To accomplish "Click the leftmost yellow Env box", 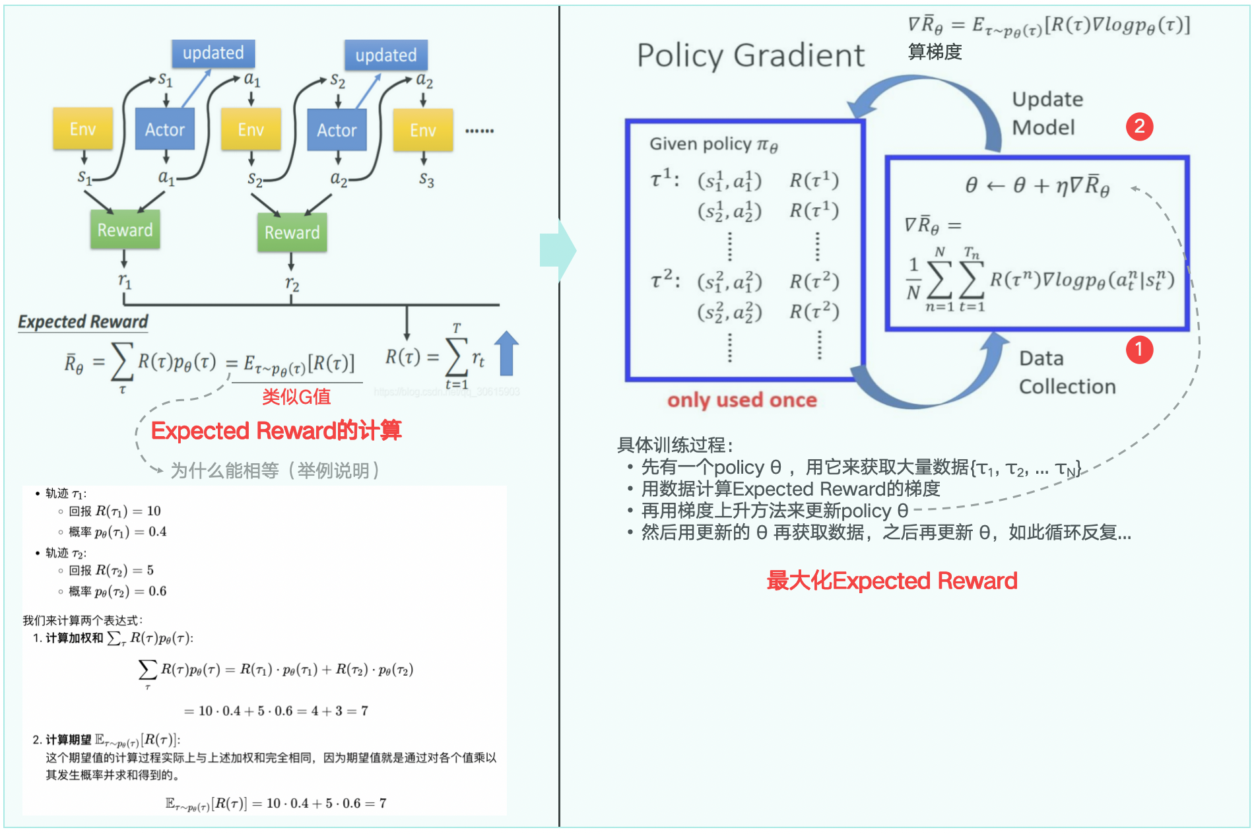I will click(x=82, y=129).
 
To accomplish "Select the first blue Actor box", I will click(x=165, y=129).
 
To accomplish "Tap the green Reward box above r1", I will click(x=125, y=230).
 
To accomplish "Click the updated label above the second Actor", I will click(x=386, y=55).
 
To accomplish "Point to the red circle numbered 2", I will click(x=1139, y=126).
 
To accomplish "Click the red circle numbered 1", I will click(x=1139, y=350).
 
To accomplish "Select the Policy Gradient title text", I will click(x=750, y=55).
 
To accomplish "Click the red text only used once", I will click(x=742, y=400).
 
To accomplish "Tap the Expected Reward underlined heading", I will click(x=83, y=322).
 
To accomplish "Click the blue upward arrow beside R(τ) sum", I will click(x=506, y=353).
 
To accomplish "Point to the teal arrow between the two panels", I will click(x=558, y=251).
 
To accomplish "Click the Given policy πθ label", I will click(x=713, y=144).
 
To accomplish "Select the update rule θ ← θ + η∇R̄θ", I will click(x=1036, y=186).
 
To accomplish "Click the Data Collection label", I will click(x=1067, y=372).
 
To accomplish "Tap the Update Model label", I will click(x=1047, y=113).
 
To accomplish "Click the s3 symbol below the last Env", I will click(x=426, y=180).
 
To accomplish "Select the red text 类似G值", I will click(x=296, y=397).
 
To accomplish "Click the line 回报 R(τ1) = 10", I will click(x=115, y=511).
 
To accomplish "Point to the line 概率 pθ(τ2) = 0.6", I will click(x=117, y=591).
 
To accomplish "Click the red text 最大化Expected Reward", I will click(x=892, y=581).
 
